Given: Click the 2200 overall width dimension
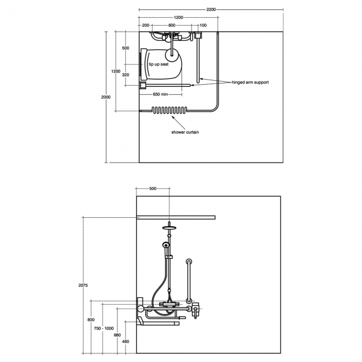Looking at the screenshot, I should click(x=211, y=9).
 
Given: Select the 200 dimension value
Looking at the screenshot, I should click(x=145, y=26).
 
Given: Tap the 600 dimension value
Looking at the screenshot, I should click(x=172, y=26).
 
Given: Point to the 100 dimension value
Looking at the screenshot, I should click(x=203, y=26).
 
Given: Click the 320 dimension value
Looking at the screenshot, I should click(x=125, y=75).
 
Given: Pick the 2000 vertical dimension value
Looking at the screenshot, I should click(x=98, y=97).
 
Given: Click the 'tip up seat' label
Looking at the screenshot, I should click(x=159, y=65).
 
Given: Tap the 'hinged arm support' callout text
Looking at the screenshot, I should click(x=251, y=82).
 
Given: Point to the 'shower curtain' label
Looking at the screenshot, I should click(x=185, y=132).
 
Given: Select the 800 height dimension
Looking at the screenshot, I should click(x=91, y=320).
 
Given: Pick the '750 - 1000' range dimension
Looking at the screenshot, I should click(x=104, y=328).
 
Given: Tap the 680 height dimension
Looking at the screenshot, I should click(x=117, y=335).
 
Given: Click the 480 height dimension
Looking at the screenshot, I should click(x=126, y=341).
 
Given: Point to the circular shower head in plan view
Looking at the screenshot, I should click(x=174, y=55).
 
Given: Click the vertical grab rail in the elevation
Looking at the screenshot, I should click(x=189, y=281).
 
